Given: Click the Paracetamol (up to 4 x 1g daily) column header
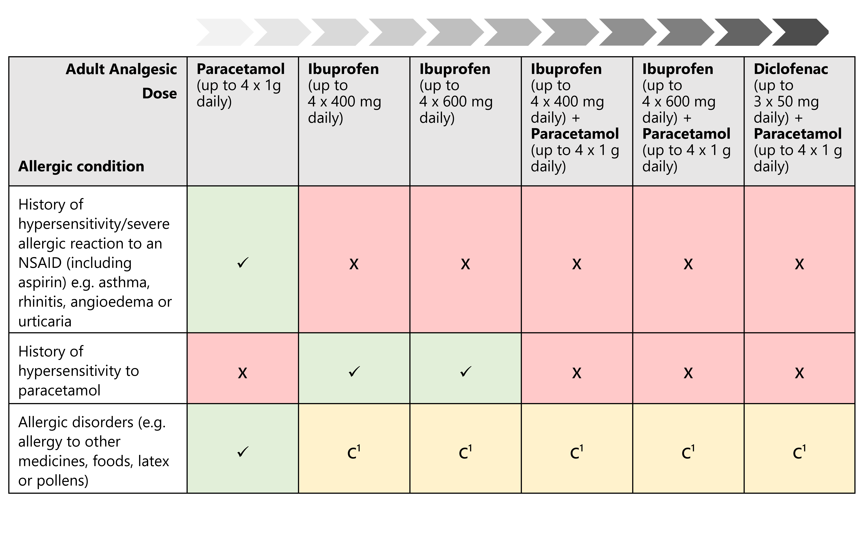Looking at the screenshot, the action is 240,85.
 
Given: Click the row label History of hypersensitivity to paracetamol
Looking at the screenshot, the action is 78,371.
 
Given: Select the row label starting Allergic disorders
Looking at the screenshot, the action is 94,451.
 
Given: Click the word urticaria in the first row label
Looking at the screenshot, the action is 45,321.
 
